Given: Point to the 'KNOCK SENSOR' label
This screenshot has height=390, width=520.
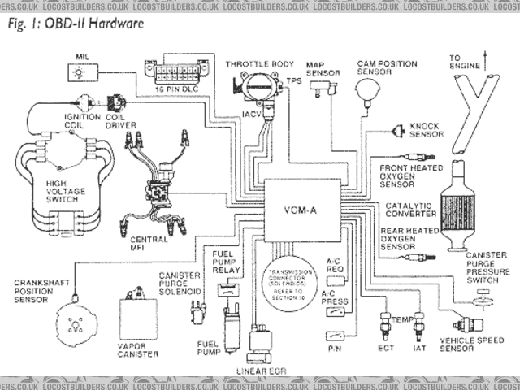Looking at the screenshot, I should click(425, 130).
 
